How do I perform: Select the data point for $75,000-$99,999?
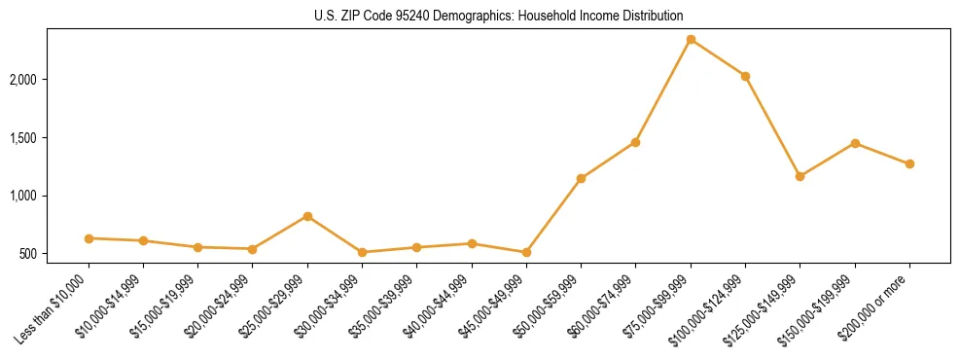click(x=691, y=39)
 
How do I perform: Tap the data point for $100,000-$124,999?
click(x=745, y=76)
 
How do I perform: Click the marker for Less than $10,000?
click(x=89, y=238)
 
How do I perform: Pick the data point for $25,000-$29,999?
click(x=307, y=216)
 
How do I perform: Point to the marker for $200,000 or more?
click(x=909, y=163)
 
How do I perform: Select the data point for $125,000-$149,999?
click(x=800, y=176)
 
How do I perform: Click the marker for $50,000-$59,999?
click(x=581, y=178)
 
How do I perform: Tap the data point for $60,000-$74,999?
click(x=635, y=142)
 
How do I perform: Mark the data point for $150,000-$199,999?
click(x=855, y=143)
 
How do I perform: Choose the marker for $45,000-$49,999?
click(x=526, y=252)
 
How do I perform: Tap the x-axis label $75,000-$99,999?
click(x=655, y=309)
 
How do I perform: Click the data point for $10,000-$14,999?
click(x=143, y=240)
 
